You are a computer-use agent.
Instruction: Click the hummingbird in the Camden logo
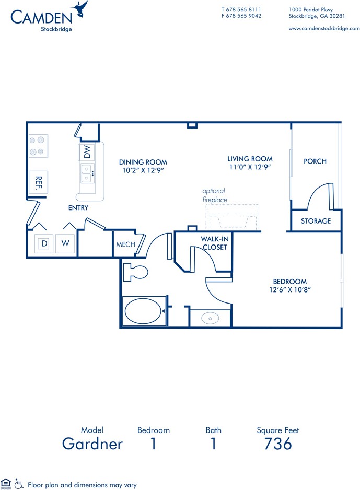coord(80,8)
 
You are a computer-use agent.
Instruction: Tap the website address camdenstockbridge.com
coord(324,28)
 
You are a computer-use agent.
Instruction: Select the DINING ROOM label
coord(143,162)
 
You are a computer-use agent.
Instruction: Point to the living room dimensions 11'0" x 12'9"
coord(250,167)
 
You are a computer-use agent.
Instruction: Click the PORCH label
coord(315,161)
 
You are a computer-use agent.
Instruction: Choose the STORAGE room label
coord(316,221)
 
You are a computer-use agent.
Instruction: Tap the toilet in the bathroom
coord(135,272)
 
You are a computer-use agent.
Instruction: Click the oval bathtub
coord(143,311)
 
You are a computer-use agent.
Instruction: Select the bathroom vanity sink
coord(210,319)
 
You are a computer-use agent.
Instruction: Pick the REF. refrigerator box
coord(39,182)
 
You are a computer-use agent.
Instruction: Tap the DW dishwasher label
coord(87,151)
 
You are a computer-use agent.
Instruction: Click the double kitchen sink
coord(87,173)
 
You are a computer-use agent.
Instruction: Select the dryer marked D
coord(44,243)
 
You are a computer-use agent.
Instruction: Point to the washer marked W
coord(65,243)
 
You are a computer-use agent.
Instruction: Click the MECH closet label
coord(125,244)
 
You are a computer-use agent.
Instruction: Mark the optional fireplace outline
coord(233,218)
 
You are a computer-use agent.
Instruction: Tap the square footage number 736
coord(278,444)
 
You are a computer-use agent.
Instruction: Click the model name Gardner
coord(92,444)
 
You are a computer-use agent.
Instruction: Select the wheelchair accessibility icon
coord(19,484)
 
